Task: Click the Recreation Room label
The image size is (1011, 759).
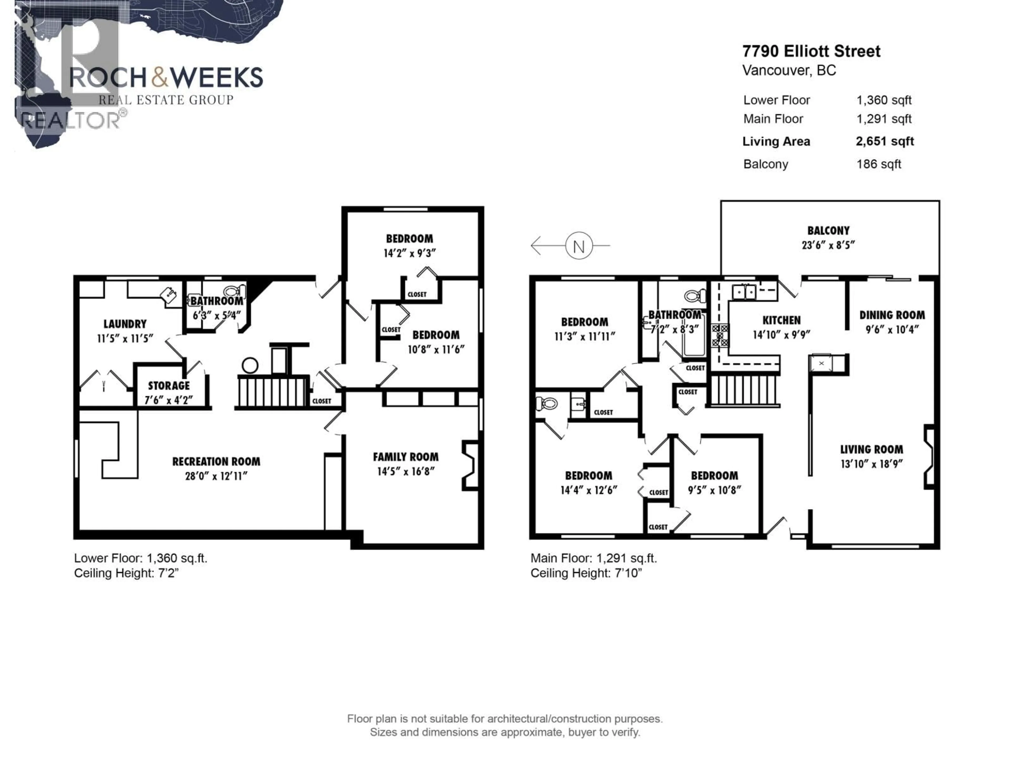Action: tap(216, 462)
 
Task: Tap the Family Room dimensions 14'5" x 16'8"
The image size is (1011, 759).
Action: tap(405, 471)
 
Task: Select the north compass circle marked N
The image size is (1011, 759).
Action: tap(579, 246)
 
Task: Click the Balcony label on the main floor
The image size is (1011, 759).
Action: tap(828, 231)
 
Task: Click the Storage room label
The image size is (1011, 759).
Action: tap(169, 386)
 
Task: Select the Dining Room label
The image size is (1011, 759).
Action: tap(892, 315)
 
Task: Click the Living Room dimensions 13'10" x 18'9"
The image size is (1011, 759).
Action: tap(872, 464)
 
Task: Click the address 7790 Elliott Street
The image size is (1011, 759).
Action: tap(811, 51)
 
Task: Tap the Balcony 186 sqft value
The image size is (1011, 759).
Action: tap(879, 164)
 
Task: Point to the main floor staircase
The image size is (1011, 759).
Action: tap(744, 390)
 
